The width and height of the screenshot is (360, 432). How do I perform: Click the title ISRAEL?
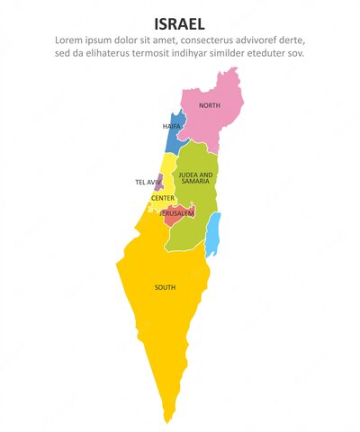[x=179, y=22]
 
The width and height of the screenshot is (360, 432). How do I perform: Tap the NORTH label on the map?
[x=209, y=106]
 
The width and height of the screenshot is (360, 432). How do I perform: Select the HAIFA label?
[x=172, y=127]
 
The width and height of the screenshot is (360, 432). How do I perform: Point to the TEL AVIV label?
[x=148, y=182]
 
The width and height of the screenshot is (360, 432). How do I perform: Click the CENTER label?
[x=163, y=198]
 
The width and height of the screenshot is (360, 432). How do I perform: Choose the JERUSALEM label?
[x=176, y=213]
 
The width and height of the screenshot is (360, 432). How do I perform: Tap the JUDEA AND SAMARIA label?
[x=196, y=178]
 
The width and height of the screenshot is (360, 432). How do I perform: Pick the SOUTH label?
[x=165, y=287]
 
